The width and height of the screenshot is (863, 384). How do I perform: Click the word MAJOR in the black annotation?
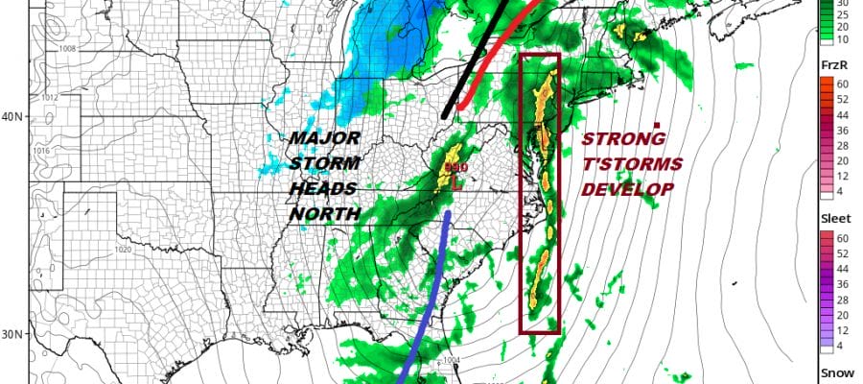click(x=318, y=138)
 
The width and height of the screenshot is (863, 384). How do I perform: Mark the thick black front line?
click(x=476, y=58)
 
